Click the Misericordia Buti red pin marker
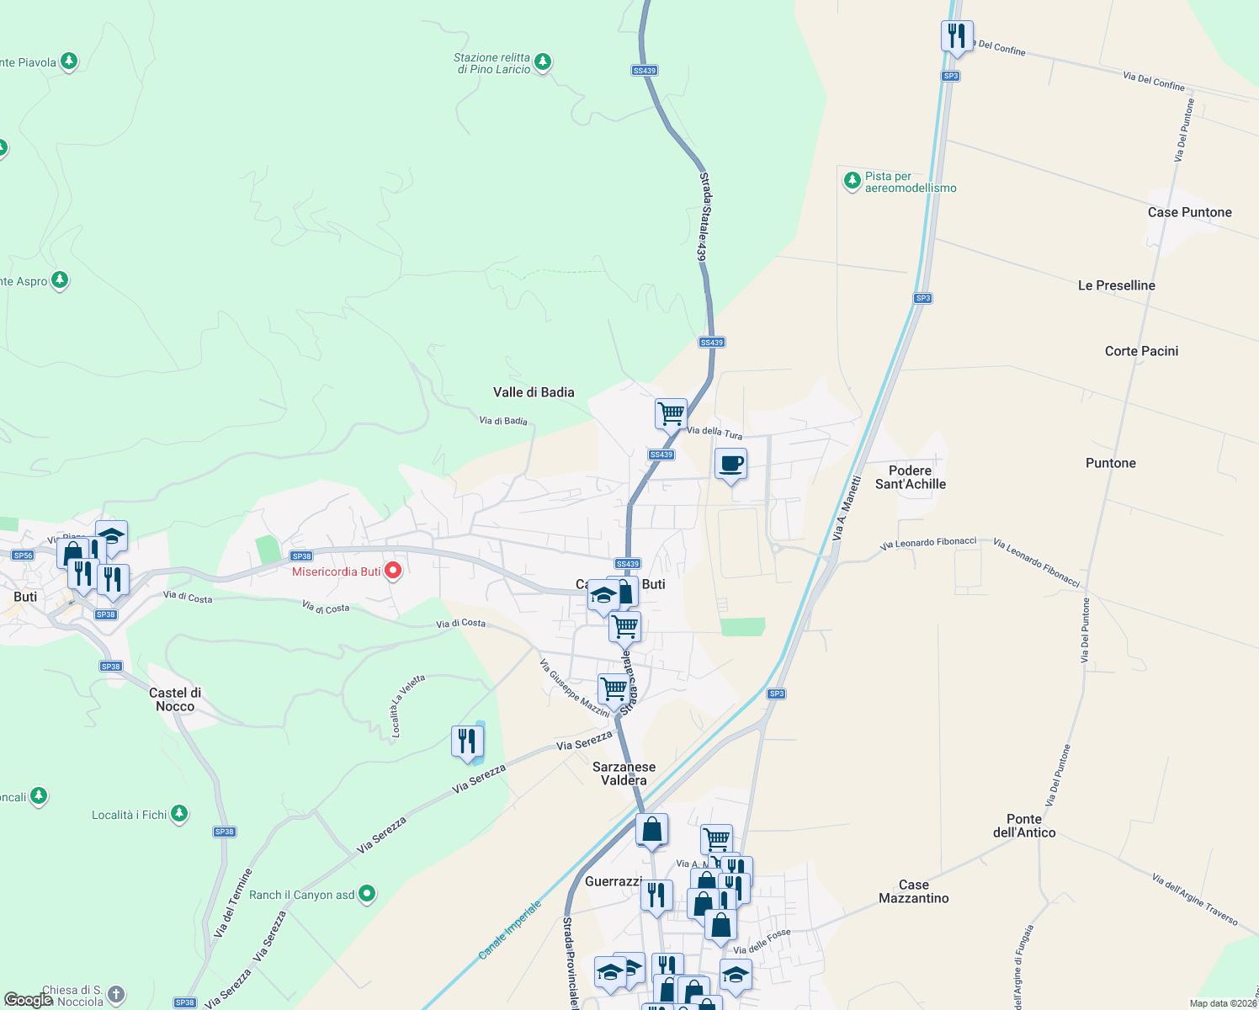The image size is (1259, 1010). pos(392,571)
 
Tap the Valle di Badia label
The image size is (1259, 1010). pos(534,392)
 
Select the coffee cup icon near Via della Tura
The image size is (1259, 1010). pos(730,464)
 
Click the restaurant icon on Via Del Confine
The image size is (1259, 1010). pos(956,36)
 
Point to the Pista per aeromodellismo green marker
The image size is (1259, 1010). pos(852,179)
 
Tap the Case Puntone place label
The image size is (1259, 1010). pos(1189,212)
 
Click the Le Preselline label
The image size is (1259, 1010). pos(1116,285)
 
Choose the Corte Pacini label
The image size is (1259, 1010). pos(1141,351)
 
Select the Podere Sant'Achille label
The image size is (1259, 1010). pos(910,477)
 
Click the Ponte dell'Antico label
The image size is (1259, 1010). pos(1023,826)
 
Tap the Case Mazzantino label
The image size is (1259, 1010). pos(913,891)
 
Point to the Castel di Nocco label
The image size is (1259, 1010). pos(175,699)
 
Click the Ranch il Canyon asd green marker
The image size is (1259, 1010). pos(367,894)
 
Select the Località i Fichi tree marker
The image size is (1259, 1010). pos(178,813)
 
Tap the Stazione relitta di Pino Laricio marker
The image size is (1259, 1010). pos(543,61)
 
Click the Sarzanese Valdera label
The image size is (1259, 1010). pos(624,773)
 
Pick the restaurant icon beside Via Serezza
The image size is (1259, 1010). pos(467,742)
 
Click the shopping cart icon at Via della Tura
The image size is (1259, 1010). pos(671,413)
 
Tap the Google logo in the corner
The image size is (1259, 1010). pos(27,1000)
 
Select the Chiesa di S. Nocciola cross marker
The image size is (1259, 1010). pos(116,995)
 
